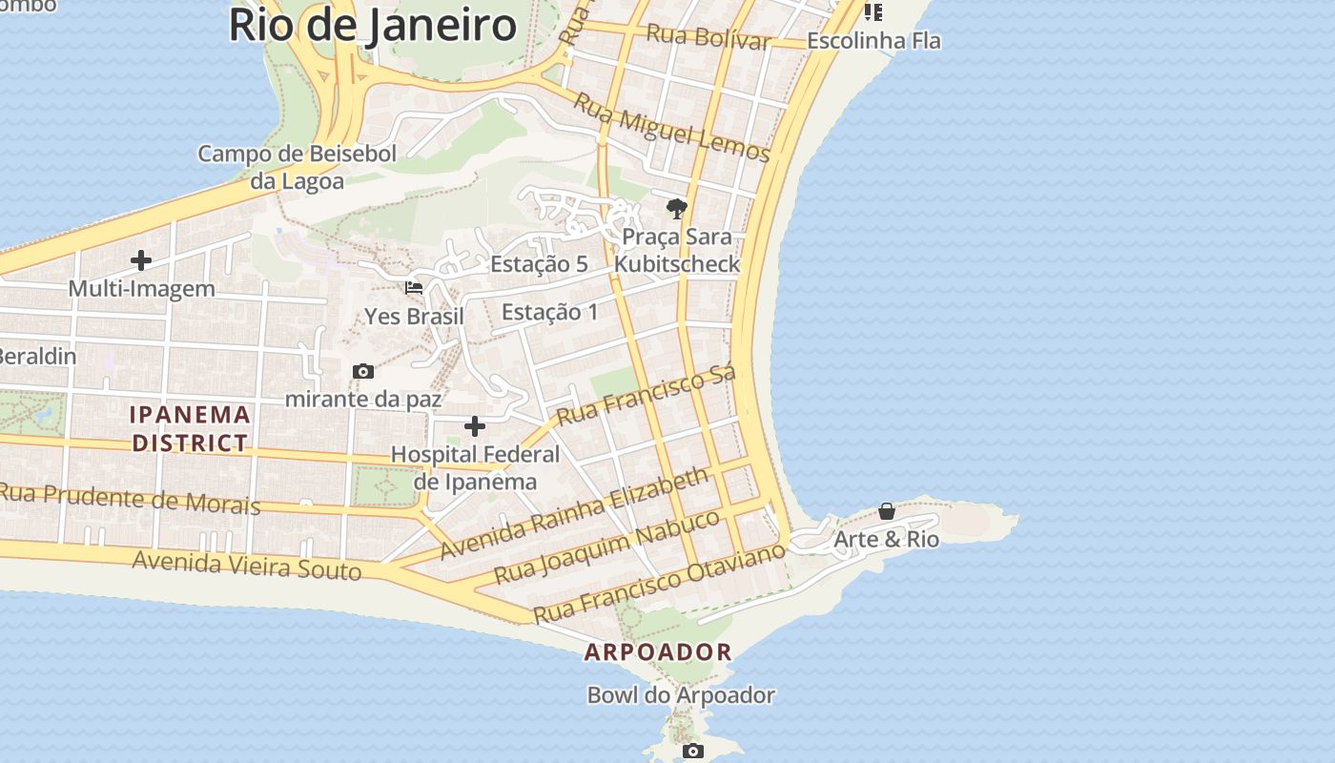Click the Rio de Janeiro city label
coord(373,26)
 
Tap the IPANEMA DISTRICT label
coord(191,428)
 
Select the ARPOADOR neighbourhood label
coord(658,652)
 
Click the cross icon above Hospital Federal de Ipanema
coord(474,426)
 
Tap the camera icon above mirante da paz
coord(363,371)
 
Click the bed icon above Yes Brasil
coord(414,287)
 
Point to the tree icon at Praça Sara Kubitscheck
coord(677,208)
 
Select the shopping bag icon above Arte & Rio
coord(887,511)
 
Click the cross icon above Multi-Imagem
coord(141,259)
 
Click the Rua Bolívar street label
coord(708,37)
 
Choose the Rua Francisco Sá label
coord(647,395)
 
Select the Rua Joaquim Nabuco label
coord(607,546)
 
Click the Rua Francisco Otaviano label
coord(659,582)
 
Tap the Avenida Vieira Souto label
coord(247,565)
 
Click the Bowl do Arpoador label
coord(681,695)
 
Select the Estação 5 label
coord(539,264)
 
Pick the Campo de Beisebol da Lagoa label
coord(297,167)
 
